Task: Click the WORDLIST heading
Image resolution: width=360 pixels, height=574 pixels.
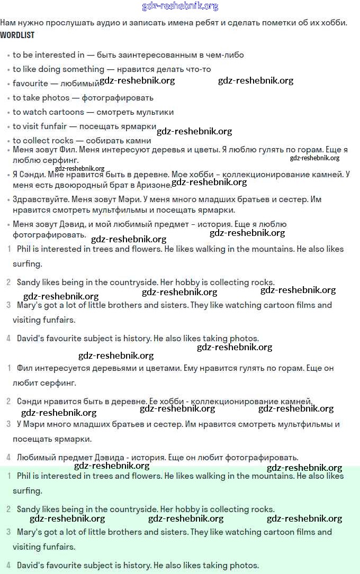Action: click(x=17, y=35)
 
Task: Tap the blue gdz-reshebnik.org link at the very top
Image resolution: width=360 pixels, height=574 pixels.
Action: click(x=180, y=6)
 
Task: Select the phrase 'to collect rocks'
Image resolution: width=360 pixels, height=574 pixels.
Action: click(x=43, y=141)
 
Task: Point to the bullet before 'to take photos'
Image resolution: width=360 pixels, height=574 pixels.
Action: click(x=8, y=98)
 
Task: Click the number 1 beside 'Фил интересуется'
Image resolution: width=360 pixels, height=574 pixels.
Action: click(x=8, y=368)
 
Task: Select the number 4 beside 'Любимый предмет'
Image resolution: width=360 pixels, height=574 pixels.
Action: click(x=8, y=458)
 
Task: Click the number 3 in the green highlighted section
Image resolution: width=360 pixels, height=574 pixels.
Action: click(x=8, y=532)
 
